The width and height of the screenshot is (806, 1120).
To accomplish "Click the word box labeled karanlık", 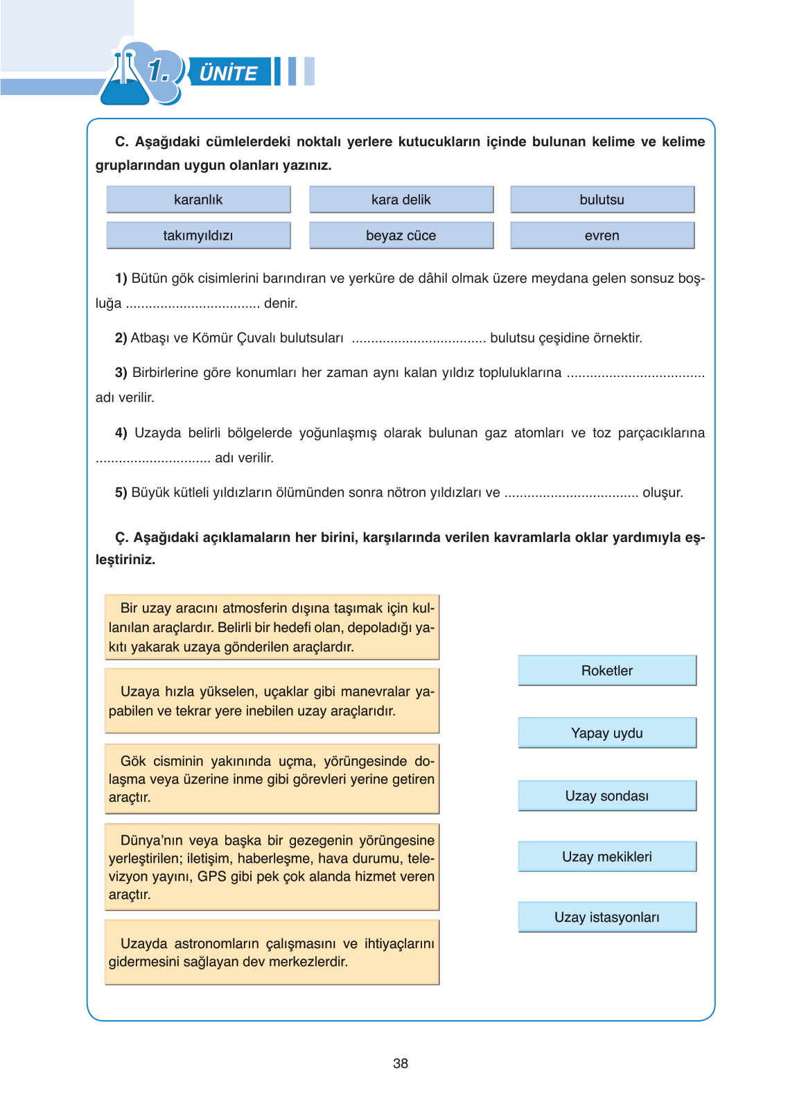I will tap(198, 200).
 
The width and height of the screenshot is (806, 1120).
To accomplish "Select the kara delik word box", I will tap(401, 200).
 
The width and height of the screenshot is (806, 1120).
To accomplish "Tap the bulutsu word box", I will tap(602, 200).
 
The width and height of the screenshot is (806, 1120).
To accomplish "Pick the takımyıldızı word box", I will tap(198, 236).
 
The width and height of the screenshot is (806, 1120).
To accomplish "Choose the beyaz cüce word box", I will tap(401, 236).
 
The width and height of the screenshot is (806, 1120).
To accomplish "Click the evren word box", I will tap(602, 236).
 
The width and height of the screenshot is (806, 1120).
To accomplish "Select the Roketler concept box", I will tap(606, 670).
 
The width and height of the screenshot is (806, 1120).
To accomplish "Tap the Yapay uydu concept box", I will tap(606, 733).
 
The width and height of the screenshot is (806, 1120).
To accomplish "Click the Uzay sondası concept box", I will tap(606, 796).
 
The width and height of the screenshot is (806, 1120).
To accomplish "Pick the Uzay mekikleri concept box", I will tap(606, 857).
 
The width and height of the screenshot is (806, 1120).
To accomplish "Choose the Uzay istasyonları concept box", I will tap(606, 917).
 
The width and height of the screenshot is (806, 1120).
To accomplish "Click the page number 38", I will tap(401, 1063).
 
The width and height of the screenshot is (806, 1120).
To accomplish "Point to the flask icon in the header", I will tap(125, 80).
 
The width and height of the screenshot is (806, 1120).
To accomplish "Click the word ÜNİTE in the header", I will tap(228, 73).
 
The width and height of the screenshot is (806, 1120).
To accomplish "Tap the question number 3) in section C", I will tap(121, 373).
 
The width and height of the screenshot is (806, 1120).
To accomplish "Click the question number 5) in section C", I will tap(121, 493).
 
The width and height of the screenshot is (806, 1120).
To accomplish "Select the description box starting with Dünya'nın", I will tap(272, 867).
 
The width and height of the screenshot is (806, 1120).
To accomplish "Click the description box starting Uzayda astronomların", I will tap(272, 952).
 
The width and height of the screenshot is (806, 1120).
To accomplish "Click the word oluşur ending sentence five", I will tap(663, 493).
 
